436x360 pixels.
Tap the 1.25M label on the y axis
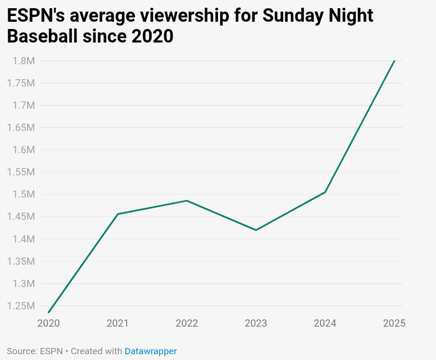(21, 306)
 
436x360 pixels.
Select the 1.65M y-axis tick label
(21, 128)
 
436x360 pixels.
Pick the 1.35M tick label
(21, 261)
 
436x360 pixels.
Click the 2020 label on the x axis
(49, 323)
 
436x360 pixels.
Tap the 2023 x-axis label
(256, 323)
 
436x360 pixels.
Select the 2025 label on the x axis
(394, 323)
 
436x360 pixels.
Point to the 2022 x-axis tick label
(187, 323)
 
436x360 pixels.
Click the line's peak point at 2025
(394, 61)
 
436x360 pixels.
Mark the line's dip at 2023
(256, 230)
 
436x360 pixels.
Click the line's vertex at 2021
(118, 214)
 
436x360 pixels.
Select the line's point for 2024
(325, 192)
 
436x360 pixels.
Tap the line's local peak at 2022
(187, 201)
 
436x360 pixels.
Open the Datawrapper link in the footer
(151, 351)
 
